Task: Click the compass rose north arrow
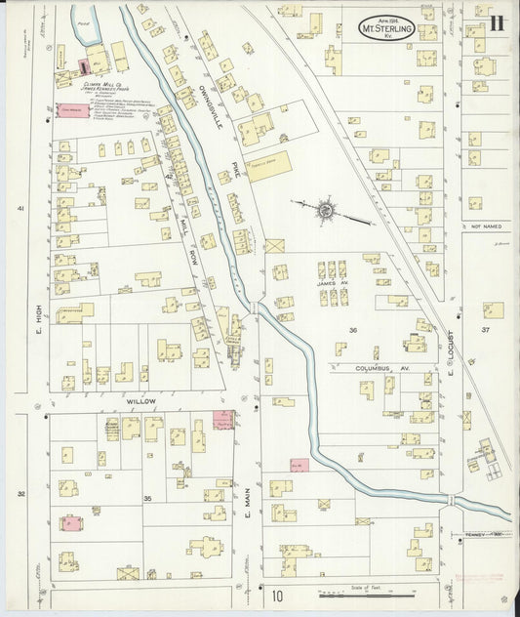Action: [x=326, y=208]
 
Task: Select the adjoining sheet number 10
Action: [x=277, y=596]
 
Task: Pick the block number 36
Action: [x=353, y=330]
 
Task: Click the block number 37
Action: [x=485, y=331]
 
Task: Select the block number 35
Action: [x=148, y=499]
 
